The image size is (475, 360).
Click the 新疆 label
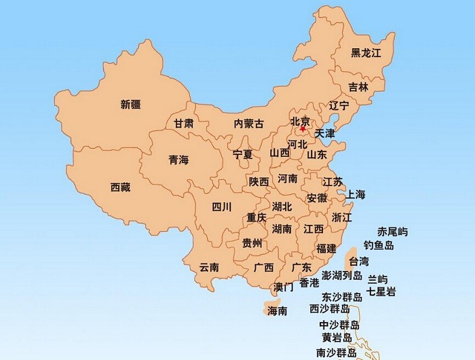pos(131,104)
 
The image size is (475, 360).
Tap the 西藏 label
pos(120,187)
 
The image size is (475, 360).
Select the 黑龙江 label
pos(366,52)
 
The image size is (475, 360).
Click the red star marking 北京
pos(303,128)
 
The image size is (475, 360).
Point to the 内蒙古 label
pos(249,124)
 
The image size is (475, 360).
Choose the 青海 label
pos(178,160)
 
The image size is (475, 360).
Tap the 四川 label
pos(222,206)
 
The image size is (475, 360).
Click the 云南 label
pos(209,267)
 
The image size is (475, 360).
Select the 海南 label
pos(278,311)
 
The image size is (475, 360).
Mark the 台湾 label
pos(358,261)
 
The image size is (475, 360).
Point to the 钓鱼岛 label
pos(379,245)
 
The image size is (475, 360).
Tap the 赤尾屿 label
pos(393,232)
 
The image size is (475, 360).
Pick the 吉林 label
pos(358,87)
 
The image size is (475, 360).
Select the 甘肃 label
pos(183,124)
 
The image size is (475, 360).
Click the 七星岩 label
pos(381,291)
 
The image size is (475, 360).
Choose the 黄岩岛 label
pos(337,338)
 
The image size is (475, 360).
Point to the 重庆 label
pos(256,218)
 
